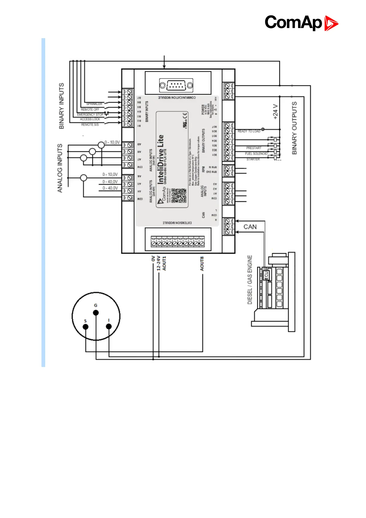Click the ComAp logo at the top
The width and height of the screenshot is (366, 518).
click(301, 23)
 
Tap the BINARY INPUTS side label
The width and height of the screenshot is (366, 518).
click(61, 106)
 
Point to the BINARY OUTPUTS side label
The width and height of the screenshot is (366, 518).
click(294, 128)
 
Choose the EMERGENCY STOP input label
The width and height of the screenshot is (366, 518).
click(90, 114)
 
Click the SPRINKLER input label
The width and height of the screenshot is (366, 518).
click(94, 104)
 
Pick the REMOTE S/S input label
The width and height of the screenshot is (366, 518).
click(90, 125)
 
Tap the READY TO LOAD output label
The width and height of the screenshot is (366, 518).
click(249, 131)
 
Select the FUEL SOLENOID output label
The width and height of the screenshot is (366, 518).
click(256, 153)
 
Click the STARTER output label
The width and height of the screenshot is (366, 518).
click(253, 159)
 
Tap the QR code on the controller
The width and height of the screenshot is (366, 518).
click(179, 196)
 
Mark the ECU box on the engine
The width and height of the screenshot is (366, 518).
click(266, 275)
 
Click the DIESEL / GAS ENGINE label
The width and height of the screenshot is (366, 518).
click(250, 280)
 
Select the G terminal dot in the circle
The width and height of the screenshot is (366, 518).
click(96, 313)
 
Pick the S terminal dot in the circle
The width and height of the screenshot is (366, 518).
click(86, 327)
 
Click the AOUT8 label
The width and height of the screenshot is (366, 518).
click(202, 264)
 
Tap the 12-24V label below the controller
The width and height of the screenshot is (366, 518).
click(159, 263)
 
